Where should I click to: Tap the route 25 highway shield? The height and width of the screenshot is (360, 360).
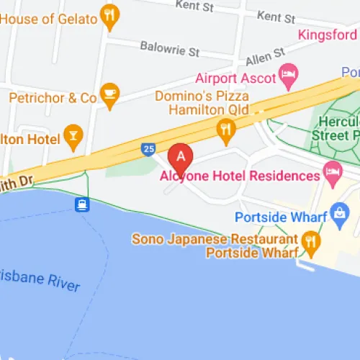(147, 149)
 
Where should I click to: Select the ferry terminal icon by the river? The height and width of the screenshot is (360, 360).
(83, 204)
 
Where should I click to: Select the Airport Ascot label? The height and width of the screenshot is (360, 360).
(235, 78)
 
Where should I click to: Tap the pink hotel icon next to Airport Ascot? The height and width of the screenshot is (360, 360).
(289, 73)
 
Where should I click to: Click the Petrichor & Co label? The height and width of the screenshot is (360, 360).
(53, 96)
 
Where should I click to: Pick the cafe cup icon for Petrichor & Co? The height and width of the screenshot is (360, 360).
(109, 95)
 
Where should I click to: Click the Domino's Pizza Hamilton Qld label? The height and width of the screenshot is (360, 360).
(202, 102)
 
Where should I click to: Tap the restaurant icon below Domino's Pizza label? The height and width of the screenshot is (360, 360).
(226, 130)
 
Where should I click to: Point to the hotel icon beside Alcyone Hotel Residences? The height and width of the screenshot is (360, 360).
(332, 171)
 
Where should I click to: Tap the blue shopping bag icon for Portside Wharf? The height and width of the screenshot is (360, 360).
(338, 213)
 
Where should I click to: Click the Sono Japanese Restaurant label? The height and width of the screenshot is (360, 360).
(214, 238)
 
